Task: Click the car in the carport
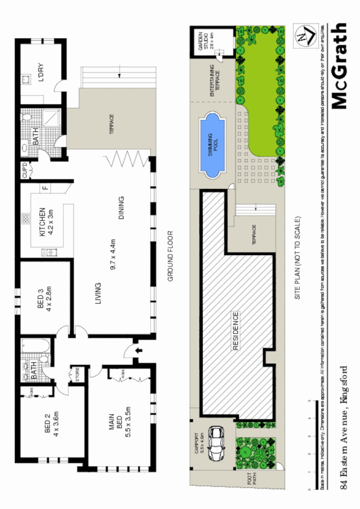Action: coord(217,444)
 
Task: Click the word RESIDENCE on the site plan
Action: coord(236,331)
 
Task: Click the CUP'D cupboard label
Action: coord(25,171)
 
